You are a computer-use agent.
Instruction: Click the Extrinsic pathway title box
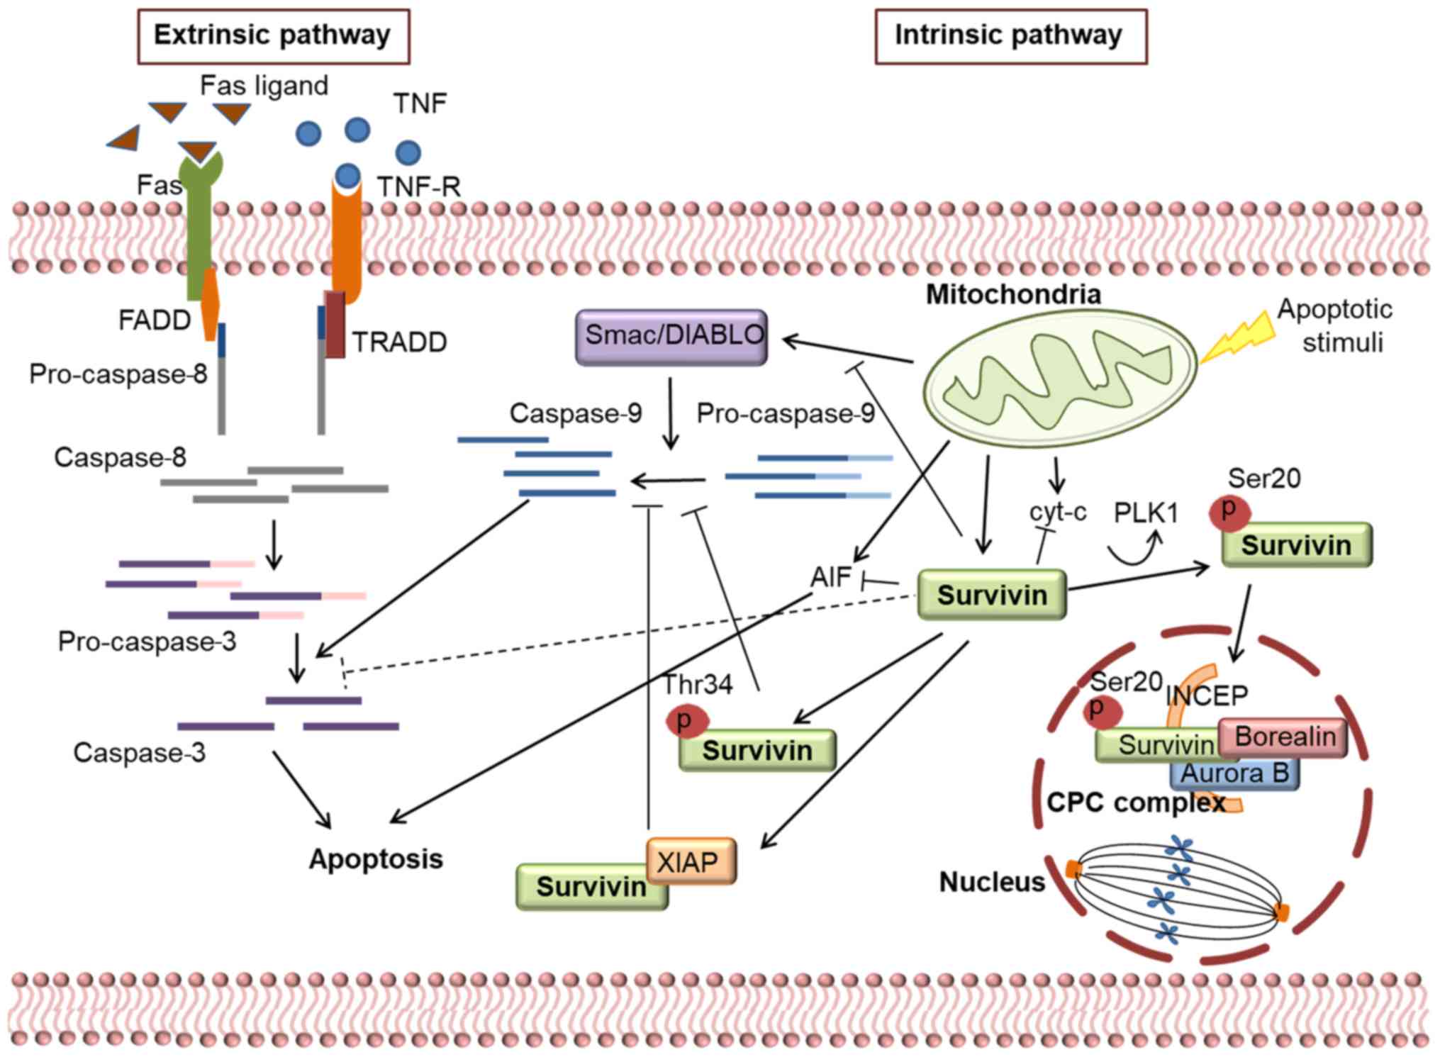(x=273, y=36)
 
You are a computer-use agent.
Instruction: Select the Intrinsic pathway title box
(x=1010, y=36)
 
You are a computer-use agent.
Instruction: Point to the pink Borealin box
(x=1283, y=737)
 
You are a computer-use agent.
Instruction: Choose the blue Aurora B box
(x=1234, y=773)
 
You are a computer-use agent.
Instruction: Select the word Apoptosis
(x=376, y=859)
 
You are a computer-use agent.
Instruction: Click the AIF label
(x=830, y=577)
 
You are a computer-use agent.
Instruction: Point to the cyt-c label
(x=1057, y=512)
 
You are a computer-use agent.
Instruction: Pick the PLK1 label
(x=1146, y=513)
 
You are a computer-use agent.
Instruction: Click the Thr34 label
(x=698, y=685)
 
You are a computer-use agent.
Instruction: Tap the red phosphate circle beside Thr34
(x=686, y=722)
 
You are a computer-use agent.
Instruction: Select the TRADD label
(x=400, y=342)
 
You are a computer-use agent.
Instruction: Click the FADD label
(x=155, y=320)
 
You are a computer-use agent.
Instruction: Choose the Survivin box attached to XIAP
(x=590, y=887)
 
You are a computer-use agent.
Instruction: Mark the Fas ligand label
(x=264, y=86)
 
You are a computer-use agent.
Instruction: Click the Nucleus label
(x=992, y=883)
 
